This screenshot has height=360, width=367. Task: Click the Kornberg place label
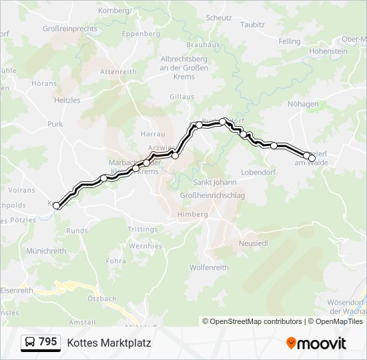coord(112,11)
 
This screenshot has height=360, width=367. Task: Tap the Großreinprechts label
coord(70,29)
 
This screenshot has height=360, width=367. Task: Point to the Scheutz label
coord(218,18)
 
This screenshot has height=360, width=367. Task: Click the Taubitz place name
coord(252,25)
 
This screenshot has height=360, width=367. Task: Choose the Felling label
coord(290,41)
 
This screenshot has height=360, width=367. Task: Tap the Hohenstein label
coord(328,51)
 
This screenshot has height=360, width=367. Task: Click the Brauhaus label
coord(204,45)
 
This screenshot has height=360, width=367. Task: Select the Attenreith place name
coord(117,71)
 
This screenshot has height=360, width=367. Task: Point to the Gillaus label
coord(181,97)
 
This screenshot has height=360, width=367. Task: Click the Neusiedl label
coord(254,244)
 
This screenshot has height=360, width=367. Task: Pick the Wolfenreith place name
coord(209,268)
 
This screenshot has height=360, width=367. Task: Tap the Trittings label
coord(143,229)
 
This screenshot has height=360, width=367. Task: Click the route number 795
coord(47,342)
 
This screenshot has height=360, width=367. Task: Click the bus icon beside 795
coord(31,343)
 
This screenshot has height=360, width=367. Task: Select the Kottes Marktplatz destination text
coord(109,343)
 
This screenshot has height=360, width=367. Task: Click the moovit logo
coord(316,343)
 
